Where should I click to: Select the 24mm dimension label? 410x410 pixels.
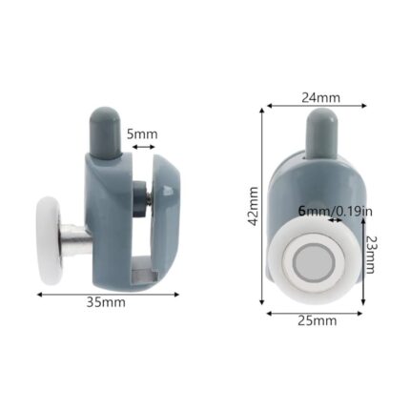pyautogui.click(x=315, y=96)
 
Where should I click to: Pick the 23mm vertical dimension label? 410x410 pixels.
pyautogui.click(x=370, y=255)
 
